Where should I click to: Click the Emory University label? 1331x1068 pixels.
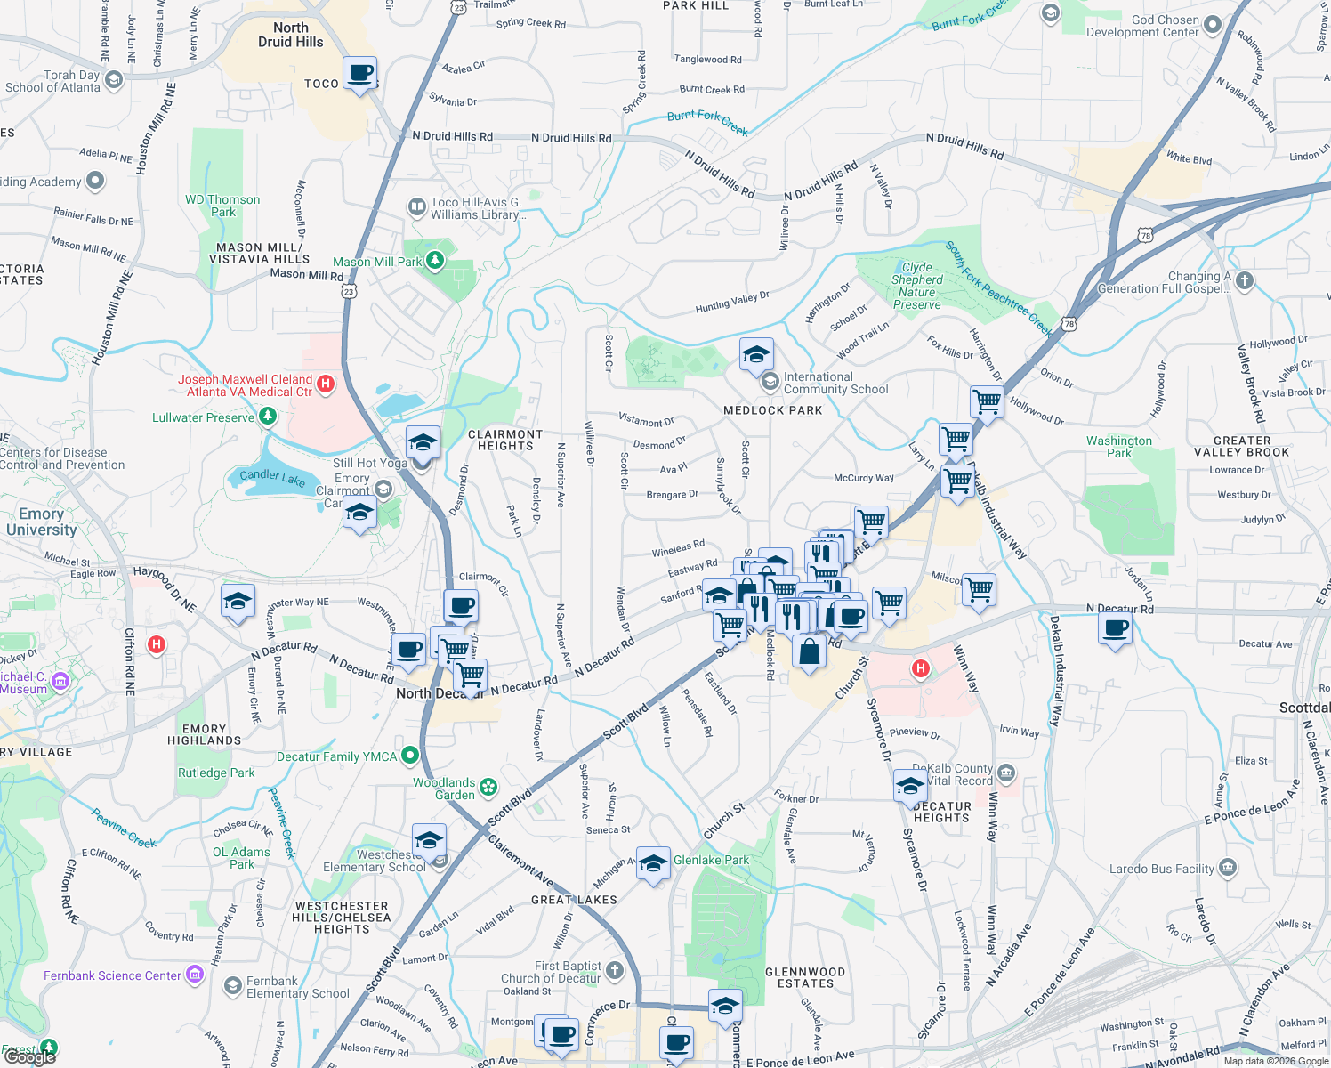(41, 522)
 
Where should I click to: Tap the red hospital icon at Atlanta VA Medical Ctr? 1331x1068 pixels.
(326, 384)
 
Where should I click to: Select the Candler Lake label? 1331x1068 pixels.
(272, 478)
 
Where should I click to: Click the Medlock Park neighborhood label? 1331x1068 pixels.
(772, 410)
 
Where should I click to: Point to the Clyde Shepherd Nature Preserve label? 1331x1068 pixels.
(916, 286)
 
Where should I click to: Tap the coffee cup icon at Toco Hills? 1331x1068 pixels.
(359, 73)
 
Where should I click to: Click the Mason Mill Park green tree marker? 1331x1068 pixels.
(435, 261)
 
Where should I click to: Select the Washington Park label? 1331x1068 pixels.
(1118, 447)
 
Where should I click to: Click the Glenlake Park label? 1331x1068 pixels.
(711, 860)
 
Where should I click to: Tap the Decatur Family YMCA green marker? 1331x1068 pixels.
(410, 756)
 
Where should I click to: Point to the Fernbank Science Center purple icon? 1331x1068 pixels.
(195, 975)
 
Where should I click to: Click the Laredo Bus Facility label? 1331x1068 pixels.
(1161, 869)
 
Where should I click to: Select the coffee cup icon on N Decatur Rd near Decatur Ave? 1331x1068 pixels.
(1116, 629)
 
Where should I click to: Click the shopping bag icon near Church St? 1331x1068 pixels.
(809, 651)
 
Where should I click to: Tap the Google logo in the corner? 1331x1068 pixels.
(29, 1056)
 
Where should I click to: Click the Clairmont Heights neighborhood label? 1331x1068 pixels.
(505, 440)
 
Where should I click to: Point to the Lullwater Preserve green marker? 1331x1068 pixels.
(267, 417)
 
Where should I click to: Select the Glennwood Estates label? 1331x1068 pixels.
(805, 977)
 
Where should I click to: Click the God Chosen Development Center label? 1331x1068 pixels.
(1142, 26)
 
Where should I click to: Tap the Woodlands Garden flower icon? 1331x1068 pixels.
(488, 787)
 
